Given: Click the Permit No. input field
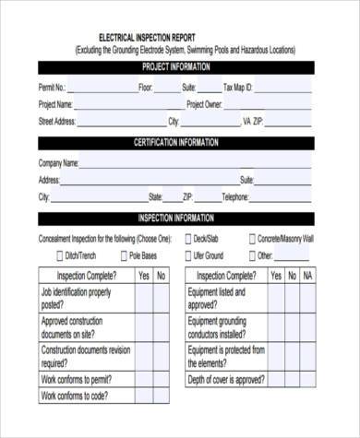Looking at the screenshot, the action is [100, 88].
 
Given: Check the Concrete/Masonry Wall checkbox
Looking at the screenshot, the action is [252, 239].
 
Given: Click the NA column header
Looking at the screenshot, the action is [308, 276].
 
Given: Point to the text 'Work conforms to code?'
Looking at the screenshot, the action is [75, 397].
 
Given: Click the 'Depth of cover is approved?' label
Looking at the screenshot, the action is [226, 379].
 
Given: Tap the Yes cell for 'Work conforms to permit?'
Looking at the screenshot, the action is [143, 378].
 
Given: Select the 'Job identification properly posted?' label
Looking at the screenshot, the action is [76, 298].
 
